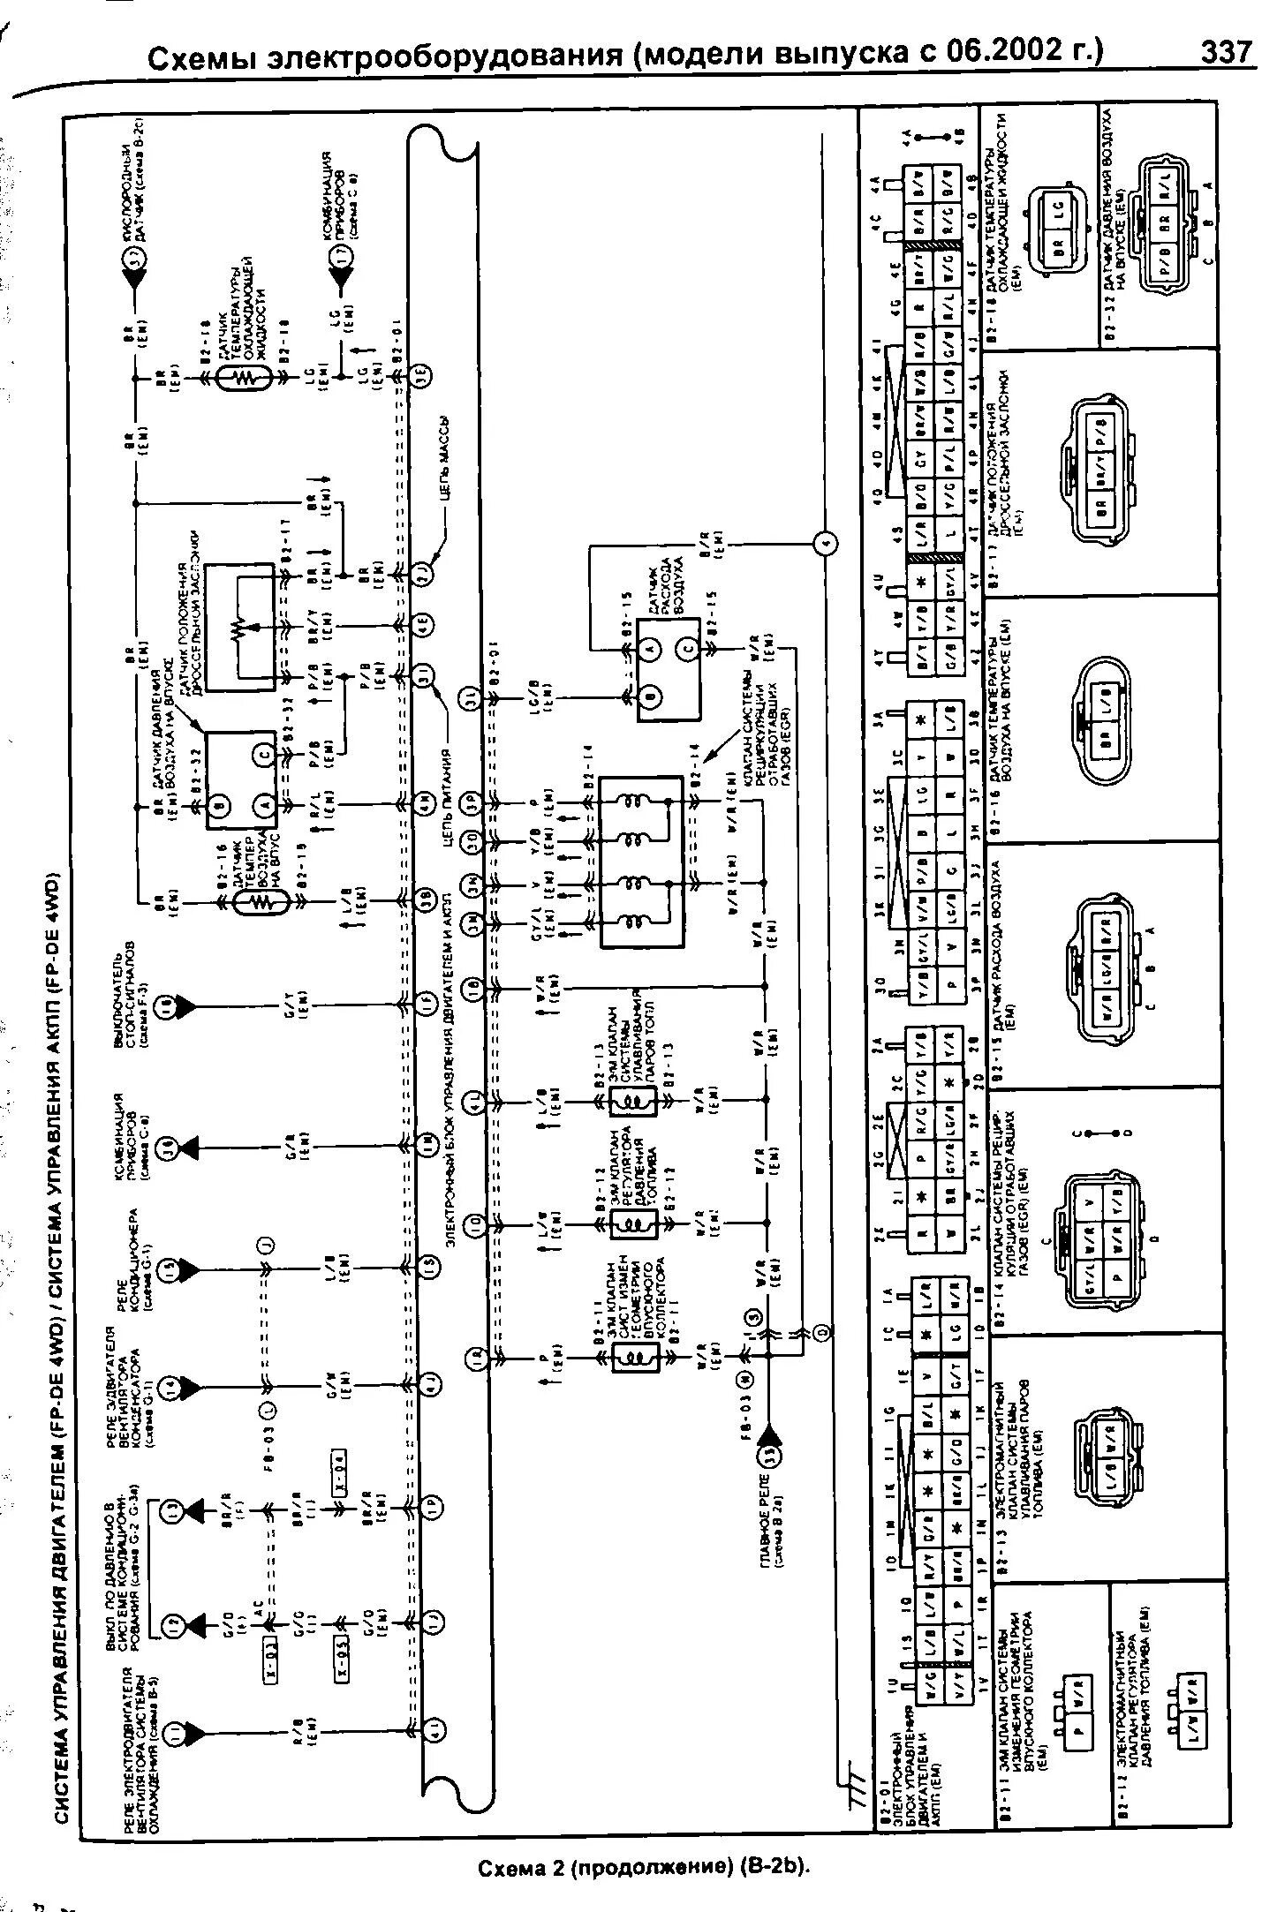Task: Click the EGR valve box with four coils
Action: (x=640, y=862)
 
